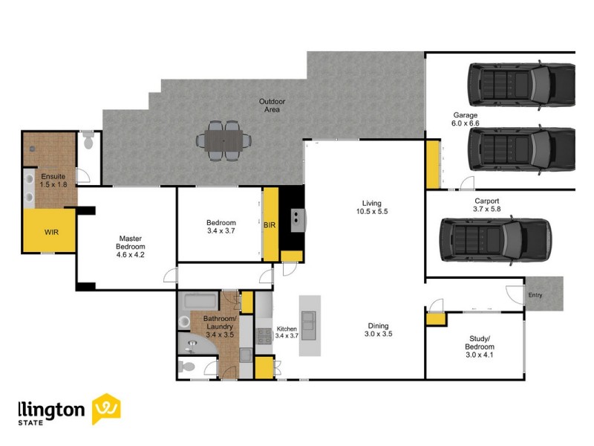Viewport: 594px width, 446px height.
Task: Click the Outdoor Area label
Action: pos(272,106)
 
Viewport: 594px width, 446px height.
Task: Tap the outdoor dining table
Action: pos(223,139)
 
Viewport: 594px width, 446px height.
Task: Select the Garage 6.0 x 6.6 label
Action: pos(466,119)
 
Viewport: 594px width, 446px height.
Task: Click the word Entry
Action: pos(535,295)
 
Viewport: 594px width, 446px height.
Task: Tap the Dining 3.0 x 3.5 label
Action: pos(379,330)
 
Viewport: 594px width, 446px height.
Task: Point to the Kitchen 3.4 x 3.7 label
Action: pos(287,332)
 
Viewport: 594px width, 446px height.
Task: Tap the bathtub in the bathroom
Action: pos(198,303)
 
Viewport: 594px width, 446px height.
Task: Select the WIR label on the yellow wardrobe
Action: pos(50,233)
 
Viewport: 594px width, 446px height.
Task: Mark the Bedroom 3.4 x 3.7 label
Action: pos(221,227)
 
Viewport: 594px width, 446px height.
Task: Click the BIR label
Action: pos(270,225)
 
